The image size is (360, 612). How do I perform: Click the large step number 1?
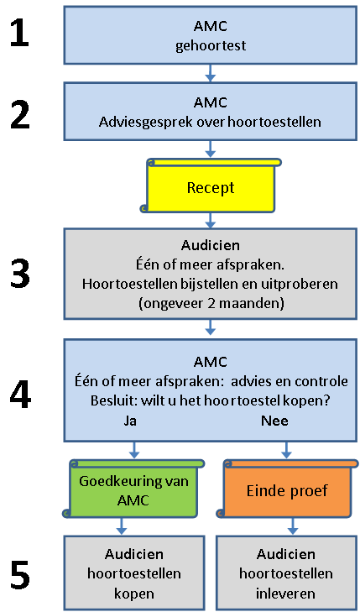tap(19, 34)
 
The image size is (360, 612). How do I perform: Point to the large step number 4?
tap(20, 395)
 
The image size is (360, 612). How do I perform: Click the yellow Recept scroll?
tap(211, 186)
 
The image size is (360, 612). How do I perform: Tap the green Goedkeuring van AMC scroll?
tap(133, 489)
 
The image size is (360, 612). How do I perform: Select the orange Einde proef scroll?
tap(287, 489)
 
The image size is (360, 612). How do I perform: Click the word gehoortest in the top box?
tap(211, 45)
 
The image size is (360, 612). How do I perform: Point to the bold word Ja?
tap(130, 421)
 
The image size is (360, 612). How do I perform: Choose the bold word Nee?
tap(275, 421)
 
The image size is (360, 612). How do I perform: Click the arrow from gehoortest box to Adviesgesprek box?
tap(211, 72)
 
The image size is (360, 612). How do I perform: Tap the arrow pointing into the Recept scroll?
tap(211, 149)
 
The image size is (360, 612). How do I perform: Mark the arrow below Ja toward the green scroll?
tap(133, 450)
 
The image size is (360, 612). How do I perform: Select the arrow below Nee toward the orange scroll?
tap(287, 450)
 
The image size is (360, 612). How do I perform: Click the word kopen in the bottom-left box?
tap(133, 594)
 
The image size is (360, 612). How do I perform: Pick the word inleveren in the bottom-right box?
tap(286, 594)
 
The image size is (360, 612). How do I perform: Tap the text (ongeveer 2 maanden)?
tap(211, 303)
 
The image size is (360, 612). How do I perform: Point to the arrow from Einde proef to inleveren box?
tap(293, 526)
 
